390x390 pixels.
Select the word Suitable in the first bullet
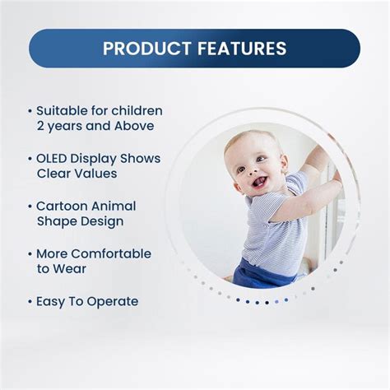[63, 110]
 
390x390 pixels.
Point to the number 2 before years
[41, 126]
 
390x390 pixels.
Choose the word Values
[96, 174]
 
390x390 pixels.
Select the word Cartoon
[63, 206]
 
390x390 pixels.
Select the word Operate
[109, 301]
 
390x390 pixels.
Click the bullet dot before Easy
[30, 301]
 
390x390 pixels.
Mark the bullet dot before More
[30, 253]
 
